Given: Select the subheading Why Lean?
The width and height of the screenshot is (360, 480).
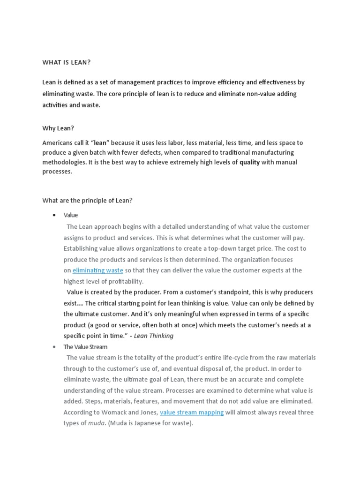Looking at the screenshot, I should click(x=58, y=128).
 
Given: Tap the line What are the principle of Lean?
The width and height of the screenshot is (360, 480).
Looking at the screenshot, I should click(x=88, y=200).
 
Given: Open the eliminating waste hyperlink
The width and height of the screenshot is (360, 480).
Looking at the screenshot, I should click(x=98, y=270).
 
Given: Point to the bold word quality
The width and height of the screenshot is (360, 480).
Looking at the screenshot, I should click(x=249, y=162).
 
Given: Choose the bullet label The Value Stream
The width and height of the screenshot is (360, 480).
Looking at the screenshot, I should click(x=85, y=347).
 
